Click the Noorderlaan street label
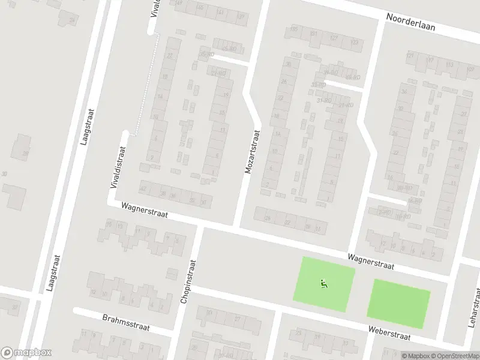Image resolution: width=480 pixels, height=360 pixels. pyautogui.click(x=411, y=22)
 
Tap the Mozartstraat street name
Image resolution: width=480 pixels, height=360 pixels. pyautogui.click(x=252, y=152)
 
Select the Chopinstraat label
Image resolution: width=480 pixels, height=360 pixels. pyautogui.click(x=188, y=281)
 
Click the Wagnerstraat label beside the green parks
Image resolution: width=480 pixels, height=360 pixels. pyautogui.click(x=370, y=261)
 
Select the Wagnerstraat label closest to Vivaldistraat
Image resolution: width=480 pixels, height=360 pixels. pyautogui.click(x=144, y=209)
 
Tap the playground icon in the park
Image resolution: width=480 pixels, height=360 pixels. pyautogui.click(x=324, y=284)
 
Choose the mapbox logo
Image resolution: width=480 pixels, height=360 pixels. pyautogui.click(x=26, y=353)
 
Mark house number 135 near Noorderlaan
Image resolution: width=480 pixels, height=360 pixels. pyautogui.click(x=294, y=29)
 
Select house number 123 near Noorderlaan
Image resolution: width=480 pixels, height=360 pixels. pyautogui.click(x=354, y=42)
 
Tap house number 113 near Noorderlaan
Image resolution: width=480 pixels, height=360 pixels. pyautogui.click(x=430, y=61)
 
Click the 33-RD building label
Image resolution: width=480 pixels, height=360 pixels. pyautogui.click(x=318, y=85)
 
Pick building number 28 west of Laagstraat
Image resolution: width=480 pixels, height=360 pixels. pyautogui.click(x=25, y=154)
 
